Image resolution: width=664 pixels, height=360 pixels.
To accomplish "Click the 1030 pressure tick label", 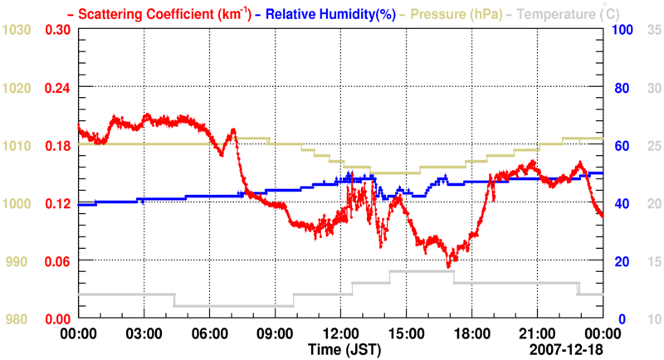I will click(17, 30).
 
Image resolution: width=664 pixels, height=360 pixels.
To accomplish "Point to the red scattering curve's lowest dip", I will click(449, 265).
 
